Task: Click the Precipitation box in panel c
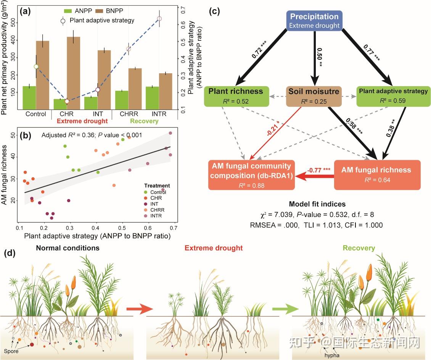coord(314,20)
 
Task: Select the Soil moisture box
coord(314,96)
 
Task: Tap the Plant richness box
coord(236,96)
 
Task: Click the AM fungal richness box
coord(377,175)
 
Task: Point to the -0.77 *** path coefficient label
coord(319,170)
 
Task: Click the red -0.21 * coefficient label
coord(273,129)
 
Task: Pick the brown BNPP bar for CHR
coord(73,73)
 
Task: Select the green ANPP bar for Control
coord(29,98)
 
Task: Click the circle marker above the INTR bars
coord(159,19)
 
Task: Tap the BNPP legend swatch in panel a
coord(99,11)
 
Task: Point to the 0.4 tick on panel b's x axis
coord(95,228)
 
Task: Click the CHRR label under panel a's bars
coord(129,114)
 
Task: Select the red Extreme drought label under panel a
coord(82,121)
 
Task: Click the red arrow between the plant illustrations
coord(139,309)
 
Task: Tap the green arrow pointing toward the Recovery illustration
coord(285,309)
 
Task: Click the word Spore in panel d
coord(11,351)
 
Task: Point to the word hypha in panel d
coord(332,355)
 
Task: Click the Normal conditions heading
coord(68,248)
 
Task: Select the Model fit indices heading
coord(317,204)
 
